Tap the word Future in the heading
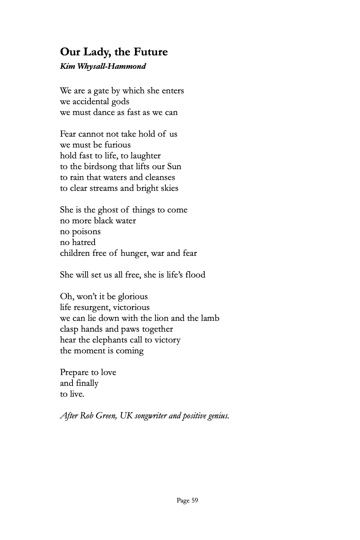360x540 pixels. coord(150,52)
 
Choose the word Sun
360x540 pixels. coord(174,167)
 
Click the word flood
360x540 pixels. coord(195,275)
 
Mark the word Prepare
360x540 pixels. coord(74,372)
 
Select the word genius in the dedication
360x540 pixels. coord(217,416)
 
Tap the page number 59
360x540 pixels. coord(195,500)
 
